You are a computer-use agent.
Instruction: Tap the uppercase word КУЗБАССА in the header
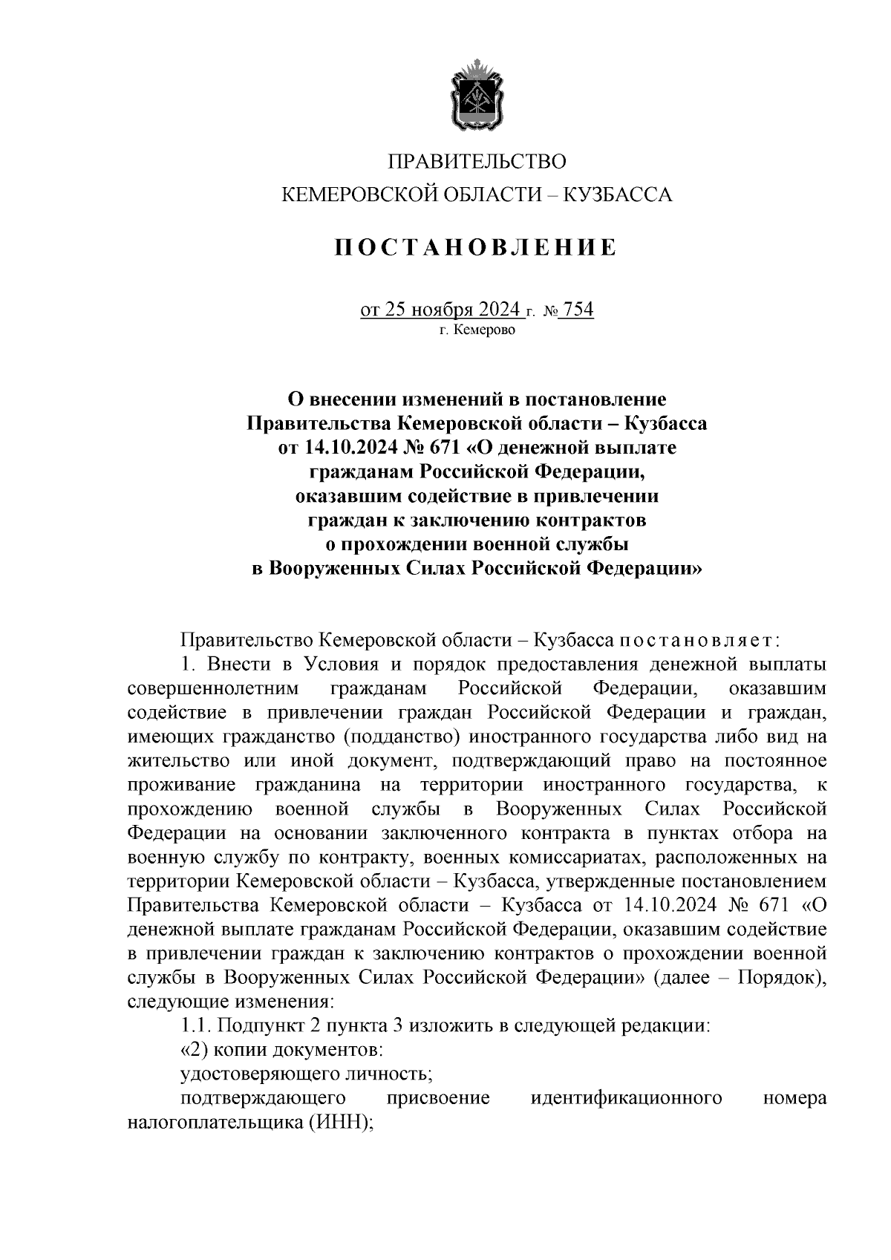pyautogui.click(x=618, y=195)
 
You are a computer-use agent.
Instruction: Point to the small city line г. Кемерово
pyautogui.click(x=477, y=330)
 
